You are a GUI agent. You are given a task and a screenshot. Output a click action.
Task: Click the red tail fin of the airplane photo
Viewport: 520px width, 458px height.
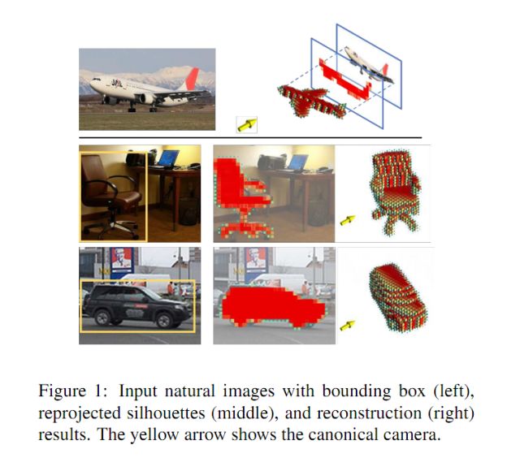[193, 78]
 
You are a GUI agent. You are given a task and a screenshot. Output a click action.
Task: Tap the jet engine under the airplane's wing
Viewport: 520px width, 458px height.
[147, 98]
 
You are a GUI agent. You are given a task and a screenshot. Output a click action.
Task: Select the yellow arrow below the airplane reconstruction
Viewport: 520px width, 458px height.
[246, 123]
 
